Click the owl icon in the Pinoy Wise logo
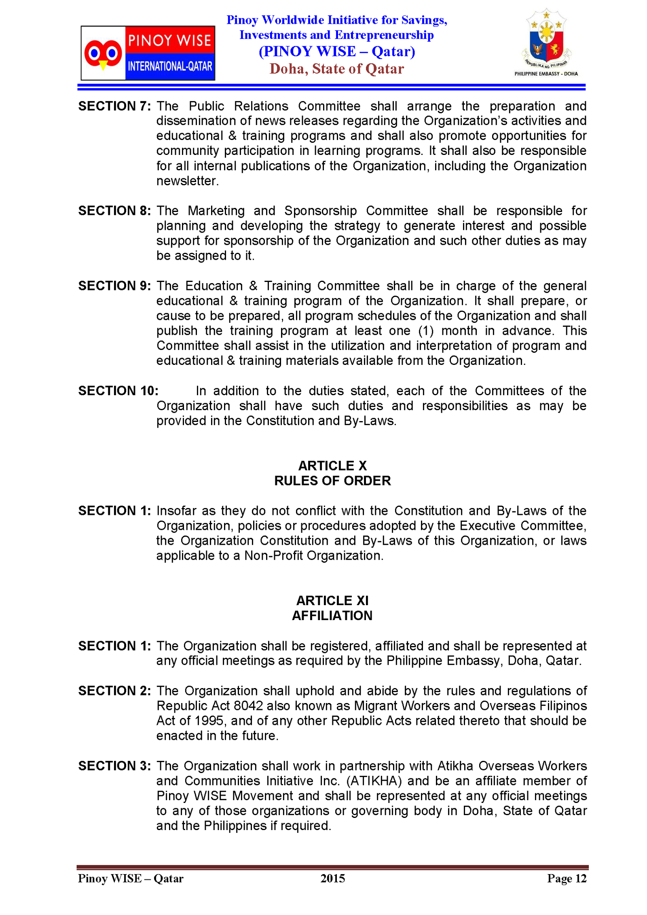click(x=103, y=54)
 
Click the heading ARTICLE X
click(x=332, y=466)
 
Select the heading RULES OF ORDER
click(x=332, y=481)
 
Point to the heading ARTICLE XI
click(x=332, y=600)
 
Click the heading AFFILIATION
click(x=332, y=615)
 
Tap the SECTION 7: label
click(x=114, y=106)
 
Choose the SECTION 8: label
click(x=114, y=211)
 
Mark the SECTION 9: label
click(x=114, y=286)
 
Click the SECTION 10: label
click(x=118, y=391)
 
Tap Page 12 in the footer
click(x=567, y=878)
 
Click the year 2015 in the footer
click(x=332, y=878)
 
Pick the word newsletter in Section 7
click(x=187, y=181)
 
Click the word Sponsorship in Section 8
click(x=320, y=211)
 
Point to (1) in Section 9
click(x=426, y=331)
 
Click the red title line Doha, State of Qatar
click(x=336, y=69)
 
